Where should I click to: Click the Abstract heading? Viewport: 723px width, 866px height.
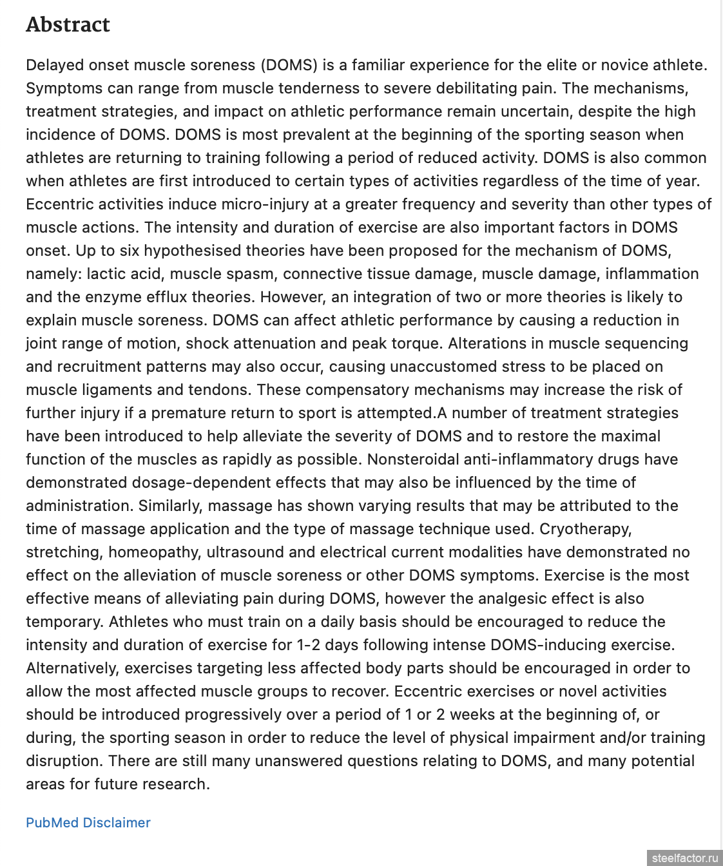coord(68,24)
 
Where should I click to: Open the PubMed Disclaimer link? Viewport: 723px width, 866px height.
coord(88,822)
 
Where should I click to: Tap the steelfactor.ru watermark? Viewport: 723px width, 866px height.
coord(684,858)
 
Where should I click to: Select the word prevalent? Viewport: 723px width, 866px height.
coord(306,135)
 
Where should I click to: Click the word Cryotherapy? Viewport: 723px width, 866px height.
coord(585,529)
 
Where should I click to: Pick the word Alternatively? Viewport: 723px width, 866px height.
coord(73,668)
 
